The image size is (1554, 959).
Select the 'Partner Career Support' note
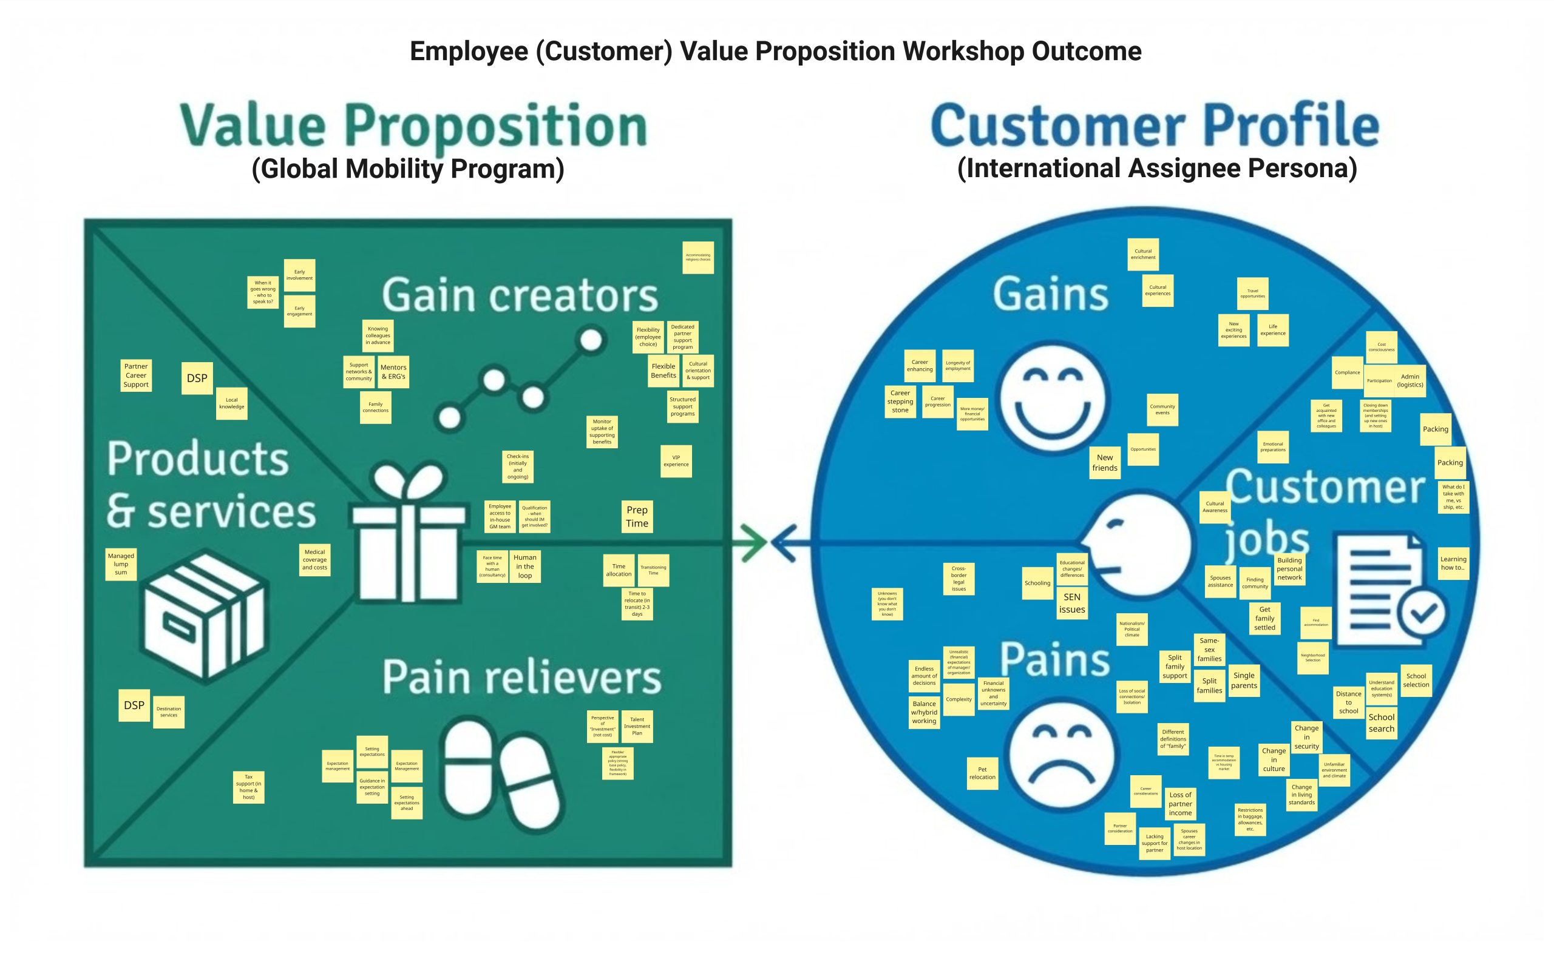point(136,375)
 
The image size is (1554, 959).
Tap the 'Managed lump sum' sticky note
point(121,564)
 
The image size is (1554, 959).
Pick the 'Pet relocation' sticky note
point(982,773)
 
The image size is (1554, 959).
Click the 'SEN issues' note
point(1072,603)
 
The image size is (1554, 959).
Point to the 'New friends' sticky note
point(1104,462)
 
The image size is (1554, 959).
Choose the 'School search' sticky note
point(1381,722)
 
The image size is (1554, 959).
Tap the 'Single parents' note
point(1244,681)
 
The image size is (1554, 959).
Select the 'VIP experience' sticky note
point(676,460)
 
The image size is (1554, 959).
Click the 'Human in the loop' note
point(524,567)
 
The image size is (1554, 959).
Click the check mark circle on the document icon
point(1422,613)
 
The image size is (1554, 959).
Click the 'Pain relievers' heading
point(521,678)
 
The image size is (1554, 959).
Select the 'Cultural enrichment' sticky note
point(1143,254)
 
